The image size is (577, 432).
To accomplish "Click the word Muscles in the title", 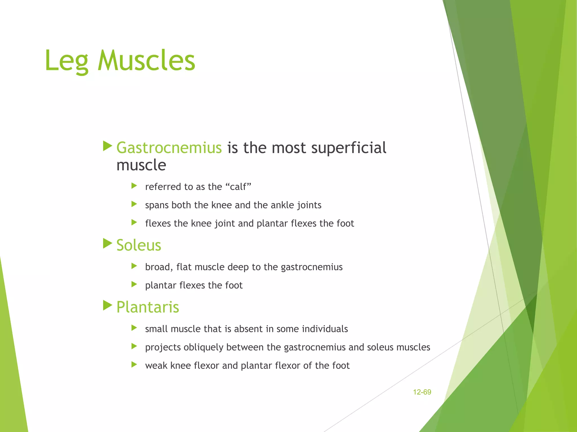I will click(146, 60).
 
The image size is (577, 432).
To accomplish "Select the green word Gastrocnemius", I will click(169, 148).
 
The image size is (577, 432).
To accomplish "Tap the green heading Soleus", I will click(139, 245).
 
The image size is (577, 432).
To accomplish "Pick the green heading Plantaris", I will click(148, 307).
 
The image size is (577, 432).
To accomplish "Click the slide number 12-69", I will click(422, 392).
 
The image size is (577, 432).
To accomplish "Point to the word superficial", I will click(349, 148).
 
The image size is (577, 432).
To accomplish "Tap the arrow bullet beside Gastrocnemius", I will click(107, 146).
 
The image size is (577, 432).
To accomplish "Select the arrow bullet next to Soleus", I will click(107, 243).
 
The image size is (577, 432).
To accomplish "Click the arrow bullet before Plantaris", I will click(107, 305).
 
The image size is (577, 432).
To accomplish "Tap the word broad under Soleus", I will click(159, 267).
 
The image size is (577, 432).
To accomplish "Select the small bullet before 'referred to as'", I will click(134, 186).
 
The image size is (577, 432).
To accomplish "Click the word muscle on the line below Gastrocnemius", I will click(141, 165).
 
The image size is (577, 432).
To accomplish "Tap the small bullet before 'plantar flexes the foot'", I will click(134, 284).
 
